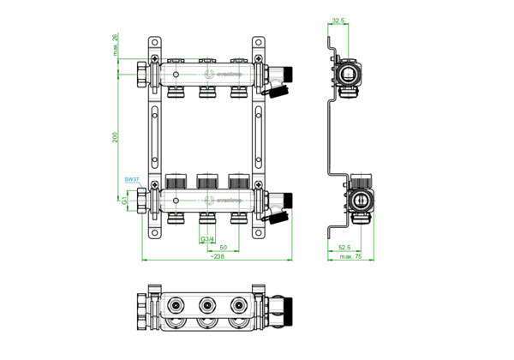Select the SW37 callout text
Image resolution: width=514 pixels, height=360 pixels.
[x=130, y=180]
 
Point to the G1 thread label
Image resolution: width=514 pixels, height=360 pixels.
[x=125, y=201]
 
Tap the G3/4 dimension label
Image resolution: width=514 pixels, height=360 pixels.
[x=206, y=238]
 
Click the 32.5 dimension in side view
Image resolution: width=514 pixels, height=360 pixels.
[x=338, y=19]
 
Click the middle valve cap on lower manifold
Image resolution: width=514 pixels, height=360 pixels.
[x=207, y=182]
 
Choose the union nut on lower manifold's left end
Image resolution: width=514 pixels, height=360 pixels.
[x=142, y=201]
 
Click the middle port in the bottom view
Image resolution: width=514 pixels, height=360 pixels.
[x=206, y=304]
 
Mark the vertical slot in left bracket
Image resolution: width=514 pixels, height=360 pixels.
[x=154, y=137]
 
